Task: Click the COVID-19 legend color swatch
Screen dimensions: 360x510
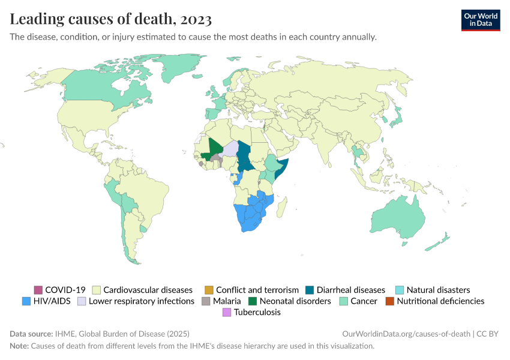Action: click(38, 290)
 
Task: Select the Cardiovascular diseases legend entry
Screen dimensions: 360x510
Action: click(148, 290)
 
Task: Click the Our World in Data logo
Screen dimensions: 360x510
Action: click(480, 20)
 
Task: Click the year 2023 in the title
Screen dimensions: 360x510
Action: click(194, 20)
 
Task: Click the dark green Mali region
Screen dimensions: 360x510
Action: click(215, 148)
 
